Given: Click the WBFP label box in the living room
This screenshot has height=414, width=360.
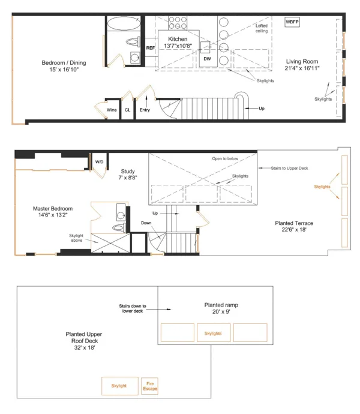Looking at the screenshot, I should (292, 22).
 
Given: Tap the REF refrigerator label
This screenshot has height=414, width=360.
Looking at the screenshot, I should (150, 47).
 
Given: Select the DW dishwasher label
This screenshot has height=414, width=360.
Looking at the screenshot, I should (206, 59).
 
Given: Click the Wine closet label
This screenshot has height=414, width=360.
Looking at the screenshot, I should (112, 110).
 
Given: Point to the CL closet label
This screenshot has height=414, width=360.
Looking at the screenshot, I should (127, 110).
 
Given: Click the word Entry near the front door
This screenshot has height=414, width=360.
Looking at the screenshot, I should (145, 110).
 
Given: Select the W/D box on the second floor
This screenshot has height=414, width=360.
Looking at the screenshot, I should (98, 161).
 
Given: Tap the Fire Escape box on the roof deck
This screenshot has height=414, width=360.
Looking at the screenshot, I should (149, 386).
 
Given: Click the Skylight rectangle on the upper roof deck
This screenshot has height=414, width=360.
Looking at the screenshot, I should (119, 386).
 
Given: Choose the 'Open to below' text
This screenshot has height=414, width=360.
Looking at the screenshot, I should (226, 159).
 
